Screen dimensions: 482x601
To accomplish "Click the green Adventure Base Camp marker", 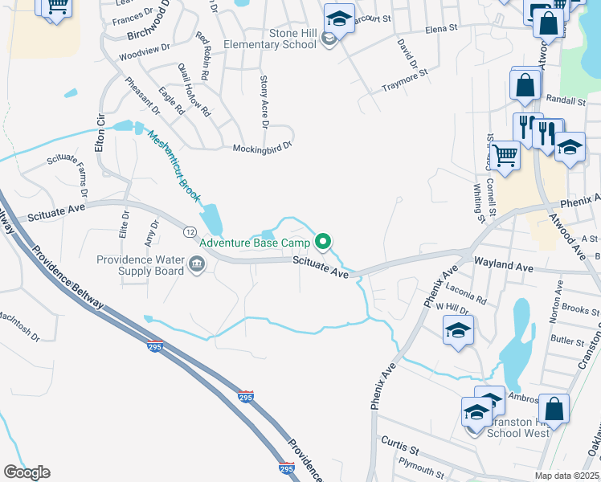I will tap(324, 241).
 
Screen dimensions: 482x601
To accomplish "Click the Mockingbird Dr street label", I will tap(262, 149).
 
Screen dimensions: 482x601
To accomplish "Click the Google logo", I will tap(27, 472).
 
